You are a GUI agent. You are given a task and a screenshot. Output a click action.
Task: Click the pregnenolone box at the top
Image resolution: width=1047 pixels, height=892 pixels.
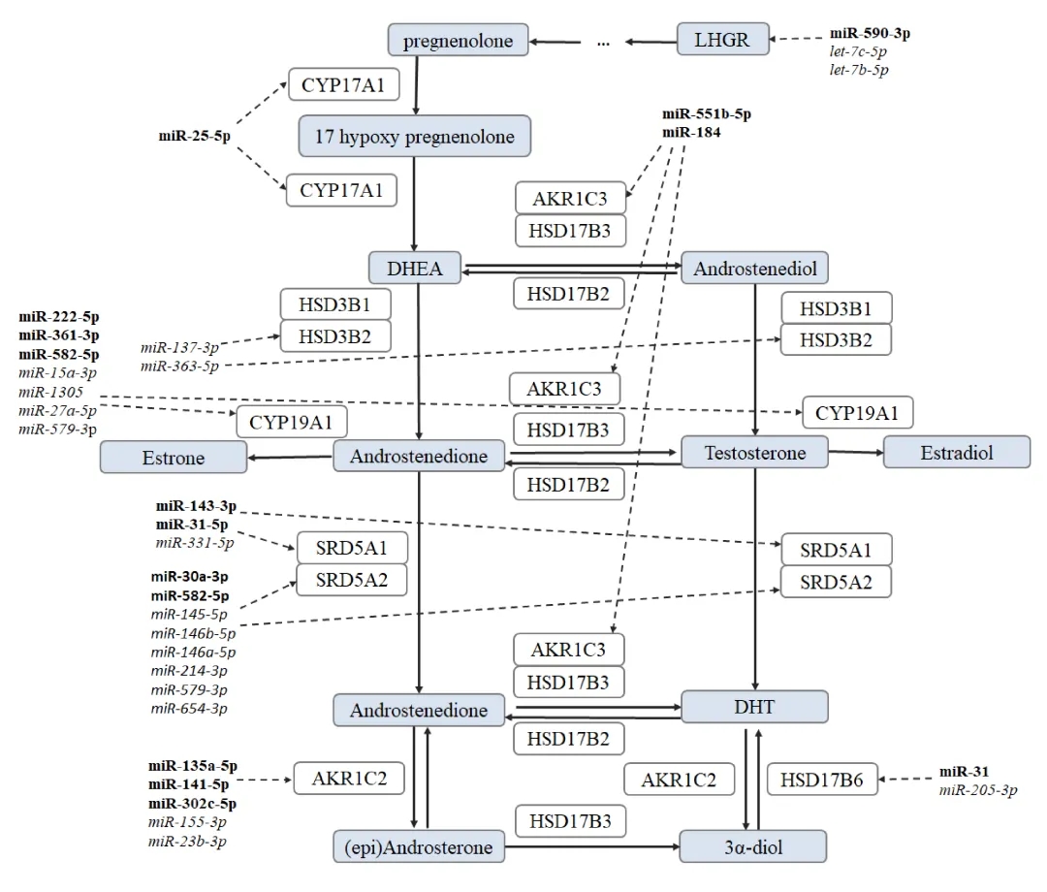(x=458, y=40)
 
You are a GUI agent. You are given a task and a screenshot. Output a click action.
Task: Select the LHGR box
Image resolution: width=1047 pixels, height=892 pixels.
(x=722, y=40)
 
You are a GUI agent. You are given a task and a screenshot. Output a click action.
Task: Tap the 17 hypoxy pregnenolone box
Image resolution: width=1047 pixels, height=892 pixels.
(x=415, y=136)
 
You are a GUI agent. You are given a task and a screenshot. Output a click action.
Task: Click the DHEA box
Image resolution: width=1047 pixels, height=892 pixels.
(x=415, y=268)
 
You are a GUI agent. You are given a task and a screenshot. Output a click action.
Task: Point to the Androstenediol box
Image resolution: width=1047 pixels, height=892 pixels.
(x=754, y=268)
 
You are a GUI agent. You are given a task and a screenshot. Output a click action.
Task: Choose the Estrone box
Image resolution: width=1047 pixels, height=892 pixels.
(x=174, y=458)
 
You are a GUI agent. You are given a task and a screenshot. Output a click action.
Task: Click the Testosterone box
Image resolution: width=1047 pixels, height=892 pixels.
(x=754, y=453)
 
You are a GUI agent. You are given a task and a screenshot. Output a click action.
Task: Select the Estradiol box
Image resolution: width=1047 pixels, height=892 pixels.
(x=957, y=453)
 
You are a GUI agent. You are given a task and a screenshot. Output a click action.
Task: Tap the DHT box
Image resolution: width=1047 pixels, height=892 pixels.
(x=754, y=707)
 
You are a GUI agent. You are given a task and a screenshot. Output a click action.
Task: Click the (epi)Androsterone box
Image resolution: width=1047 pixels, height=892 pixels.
(x=419, y=846)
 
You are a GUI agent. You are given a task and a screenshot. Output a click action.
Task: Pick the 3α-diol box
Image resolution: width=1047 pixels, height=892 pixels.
(x=753, y=846)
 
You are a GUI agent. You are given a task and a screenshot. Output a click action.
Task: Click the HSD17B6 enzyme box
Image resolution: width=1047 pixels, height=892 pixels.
(x=822, y=780)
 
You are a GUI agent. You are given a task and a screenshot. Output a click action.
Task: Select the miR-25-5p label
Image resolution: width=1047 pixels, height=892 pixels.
(x=194, y=136)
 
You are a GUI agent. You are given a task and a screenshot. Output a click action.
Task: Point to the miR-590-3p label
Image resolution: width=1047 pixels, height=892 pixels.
(x=870, y=33)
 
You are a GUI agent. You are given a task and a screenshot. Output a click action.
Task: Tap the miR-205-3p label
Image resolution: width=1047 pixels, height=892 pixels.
(x=978, y=790)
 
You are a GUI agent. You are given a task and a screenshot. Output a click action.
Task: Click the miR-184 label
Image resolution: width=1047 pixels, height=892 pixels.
(x=691, y=132)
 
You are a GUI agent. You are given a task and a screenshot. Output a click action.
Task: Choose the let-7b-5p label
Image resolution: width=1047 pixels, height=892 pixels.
(x=859, y=70)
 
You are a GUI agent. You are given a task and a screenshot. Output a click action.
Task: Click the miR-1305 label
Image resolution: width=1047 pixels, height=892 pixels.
(x=50, y=392)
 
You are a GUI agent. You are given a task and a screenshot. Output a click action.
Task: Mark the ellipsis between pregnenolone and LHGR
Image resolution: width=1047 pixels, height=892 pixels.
(x=604, y=44)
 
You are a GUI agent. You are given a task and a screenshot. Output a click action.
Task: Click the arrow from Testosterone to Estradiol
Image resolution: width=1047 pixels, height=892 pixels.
(x=856, y=452)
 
